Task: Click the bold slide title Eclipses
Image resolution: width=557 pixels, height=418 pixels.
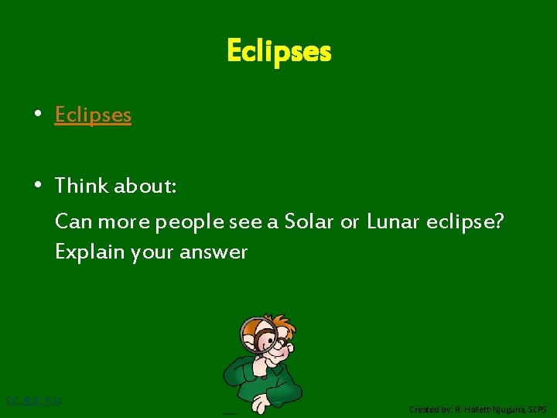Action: coord(278,52)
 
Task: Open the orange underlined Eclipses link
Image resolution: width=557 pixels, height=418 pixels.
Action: coord(93,115)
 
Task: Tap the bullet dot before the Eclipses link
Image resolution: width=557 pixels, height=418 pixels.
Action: coord(37,115)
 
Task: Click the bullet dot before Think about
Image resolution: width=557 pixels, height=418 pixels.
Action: coord(37,186)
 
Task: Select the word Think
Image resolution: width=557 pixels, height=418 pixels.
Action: coord(81,186)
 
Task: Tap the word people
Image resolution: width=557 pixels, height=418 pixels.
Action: coord(190,223)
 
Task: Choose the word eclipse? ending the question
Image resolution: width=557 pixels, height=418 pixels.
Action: coord(469,223)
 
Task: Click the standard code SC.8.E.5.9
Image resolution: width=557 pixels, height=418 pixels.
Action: coord(33,402)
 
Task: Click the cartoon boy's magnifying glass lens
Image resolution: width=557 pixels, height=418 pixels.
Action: coord(258,335)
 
